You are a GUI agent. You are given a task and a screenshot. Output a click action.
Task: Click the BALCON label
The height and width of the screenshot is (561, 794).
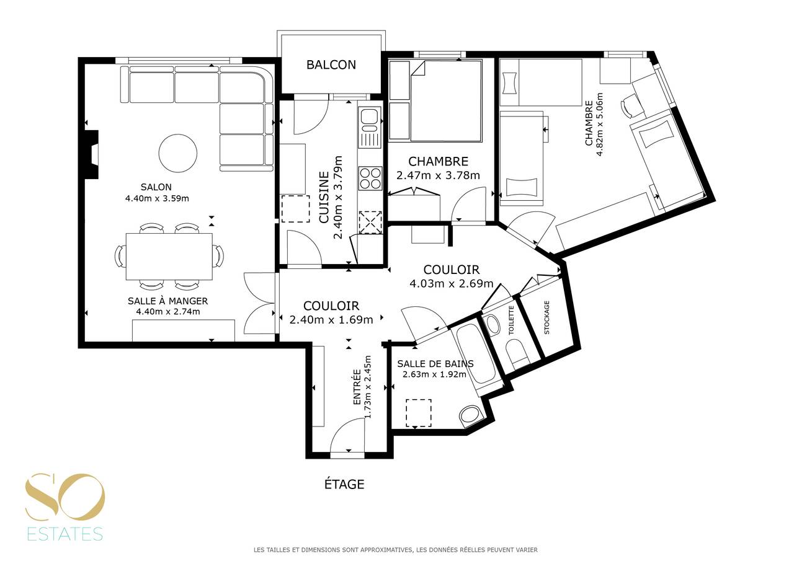coord(331,65)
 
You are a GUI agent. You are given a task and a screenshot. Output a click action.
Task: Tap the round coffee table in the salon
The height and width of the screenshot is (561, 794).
coord(177,153)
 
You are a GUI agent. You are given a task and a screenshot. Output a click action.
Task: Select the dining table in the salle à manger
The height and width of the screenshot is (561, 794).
coord(169,256)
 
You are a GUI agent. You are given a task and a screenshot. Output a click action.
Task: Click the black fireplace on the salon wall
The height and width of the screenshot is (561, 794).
coord(92,155)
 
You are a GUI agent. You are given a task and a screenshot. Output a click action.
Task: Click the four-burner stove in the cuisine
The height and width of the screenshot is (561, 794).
coord(370,178)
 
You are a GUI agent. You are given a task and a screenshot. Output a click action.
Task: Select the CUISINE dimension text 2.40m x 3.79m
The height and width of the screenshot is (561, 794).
coord(339,198)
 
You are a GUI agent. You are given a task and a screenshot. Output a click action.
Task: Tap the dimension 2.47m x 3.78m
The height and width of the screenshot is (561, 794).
coord(438,175)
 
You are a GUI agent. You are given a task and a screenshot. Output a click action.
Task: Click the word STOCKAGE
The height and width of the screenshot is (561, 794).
coord(546,317)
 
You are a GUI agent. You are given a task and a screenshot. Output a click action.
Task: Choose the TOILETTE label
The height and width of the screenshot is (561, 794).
coord(511,320)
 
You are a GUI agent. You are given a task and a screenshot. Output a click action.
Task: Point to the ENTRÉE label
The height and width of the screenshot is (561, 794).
coord(357,387)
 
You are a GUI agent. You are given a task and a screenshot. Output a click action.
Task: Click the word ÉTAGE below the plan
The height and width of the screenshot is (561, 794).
coord(344,484)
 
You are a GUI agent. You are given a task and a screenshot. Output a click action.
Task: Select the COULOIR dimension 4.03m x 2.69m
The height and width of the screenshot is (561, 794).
coord(451,284)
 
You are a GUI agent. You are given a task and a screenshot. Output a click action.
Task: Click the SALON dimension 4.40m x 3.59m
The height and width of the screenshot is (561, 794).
coord(157,198)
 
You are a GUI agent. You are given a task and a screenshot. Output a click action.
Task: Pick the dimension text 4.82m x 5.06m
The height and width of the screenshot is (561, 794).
coord(599,125)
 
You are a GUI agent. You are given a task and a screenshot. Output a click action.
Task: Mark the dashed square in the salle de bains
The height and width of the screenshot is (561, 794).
coord(419,413)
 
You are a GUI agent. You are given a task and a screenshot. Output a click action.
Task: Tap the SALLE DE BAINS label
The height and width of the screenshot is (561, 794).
coord(435,364)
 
